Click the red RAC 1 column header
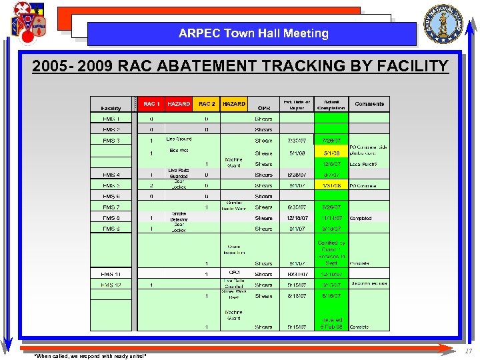[x=151, y=104]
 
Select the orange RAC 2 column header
[x=207, y=104]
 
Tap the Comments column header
[x=369, y=104]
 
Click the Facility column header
[x=111, y=108]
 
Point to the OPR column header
[x=263, y=108]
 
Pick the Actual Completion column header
[x=331, y=105]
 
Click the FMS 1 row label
[x=111, y=119]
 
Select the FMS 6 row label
[x=111, y=197]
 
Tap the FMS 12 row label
[x=111, y=285]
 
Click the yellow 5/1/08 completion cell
[x=331, y=153]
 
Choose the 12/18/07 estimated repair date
[x=297, y=218]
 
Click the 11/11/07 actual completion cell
[x=331, y=218]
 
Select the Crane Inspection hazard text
[x=233, y=249]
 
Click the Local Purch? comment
[x=364, y=164]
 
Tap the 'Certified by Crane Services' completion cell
[x=331, y=253]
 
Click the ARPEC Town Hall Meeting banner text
[x=253, y=33]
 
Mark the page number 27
[x=469, y=351]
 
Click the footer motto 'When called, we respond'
[x=90, y=355]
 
